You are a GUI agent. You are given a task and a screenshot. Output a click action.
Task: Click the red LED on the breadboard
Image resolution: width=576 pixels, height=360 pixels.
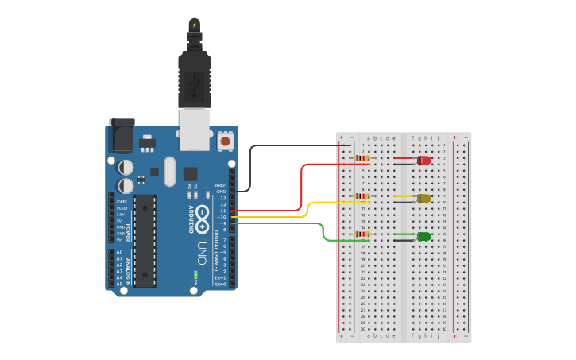point(424,161)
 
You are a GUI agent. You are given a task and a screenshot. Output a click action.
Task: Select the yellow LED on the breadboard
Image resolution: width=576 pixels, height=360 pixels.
point(424,199)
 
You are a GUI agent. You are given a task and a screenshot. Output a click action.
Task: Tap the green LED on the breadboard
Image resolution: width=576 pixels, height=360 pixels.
point(424,236)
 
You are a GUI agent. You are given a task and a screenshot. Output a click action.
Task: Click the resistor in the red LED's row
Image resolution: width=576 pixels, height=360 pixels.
point(362,158)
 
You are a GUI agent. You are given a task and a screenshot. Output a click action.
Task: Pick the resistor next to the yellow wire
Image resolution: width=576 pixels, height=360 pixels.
point(362,196)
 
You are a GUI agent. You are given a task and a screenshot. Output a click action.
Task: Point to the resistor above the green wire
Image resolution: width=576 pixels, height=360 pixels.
point(362,234)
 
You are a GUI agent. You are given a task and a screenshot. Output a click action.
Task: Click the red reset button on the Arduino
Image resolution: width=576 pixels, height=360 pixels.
point(226,141)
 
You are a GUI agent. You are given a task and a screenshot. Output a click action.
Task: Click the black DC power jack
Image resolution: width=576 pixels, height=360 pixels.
point(122,137)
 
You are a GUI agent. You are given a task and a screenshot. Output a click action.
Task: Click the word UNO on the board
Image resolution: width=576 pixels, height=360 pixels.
point(201,255)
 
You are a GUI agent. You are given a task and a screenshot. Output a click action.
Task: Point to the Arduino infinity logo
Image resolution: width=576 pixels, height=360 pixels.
point(203,215)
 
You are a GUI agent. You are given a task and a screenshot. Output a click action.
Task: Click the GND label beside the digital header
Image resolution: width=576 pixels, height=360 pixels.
point(222,192)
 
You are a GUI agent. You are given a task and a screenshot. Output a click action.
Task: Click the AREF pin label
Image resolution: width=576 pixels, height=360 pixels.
point(221,184)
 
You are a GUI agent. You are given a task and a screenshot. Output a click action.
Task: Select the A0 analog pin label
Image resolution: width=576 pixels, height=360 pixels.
point(120,252)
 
